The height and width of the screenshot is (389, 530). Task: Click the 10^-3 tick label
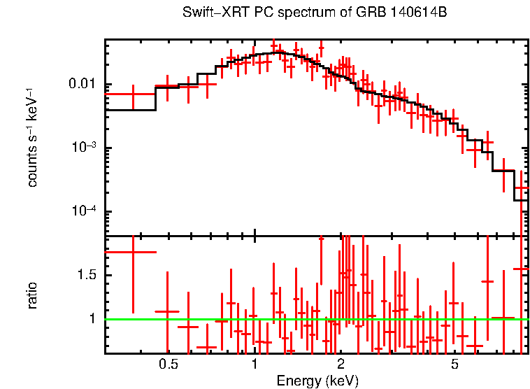click(85, 148)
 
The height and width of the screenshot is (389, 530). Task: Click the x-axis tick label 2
click(341, 365)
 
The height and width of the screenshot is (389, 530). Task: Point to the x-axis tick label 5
click(454, 365)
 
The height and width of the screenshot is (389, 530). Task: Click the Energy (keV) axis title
click(317, 381)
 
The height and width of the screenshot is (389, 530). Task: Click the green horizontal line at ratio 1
click(210, 319)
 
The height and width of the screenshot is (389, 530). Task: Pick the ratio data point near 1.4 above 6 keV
click(487, 281)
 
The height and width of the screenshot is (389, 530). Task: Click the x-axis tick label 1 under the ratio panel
click(255, 365)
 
